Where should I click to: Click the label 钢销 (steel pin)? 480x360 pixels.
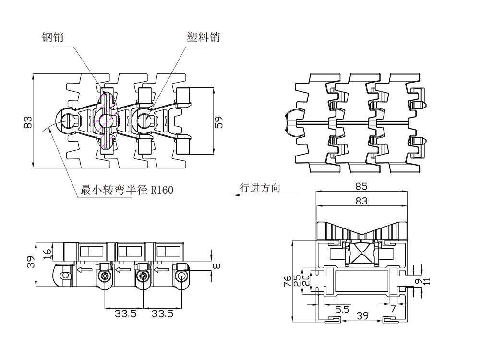click(x=52, y=37)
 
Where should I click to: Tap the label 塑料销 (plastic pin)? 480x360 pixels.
click(x=203, y=37)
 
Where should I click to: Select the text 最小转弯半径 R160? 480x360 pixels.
click(x=127, y=191)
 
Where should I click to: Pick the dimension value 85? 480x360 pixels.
click(x=361, y=186)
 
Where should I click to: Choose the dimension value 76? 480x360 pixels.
click(x=286, y=281)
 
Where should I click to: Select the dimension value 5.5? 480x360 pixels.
click(x=342, y=310)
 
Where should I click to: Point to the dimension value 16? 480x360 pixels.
click(x=47, y=253)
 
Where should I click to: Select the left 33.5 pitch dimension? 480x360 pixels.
click(x=125, y=314)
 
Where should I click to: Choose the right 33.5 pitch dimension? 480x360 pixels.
click(x=162, y=314)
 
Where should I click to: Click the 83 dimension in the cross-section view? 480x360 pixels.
click(x=361, y=201)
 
